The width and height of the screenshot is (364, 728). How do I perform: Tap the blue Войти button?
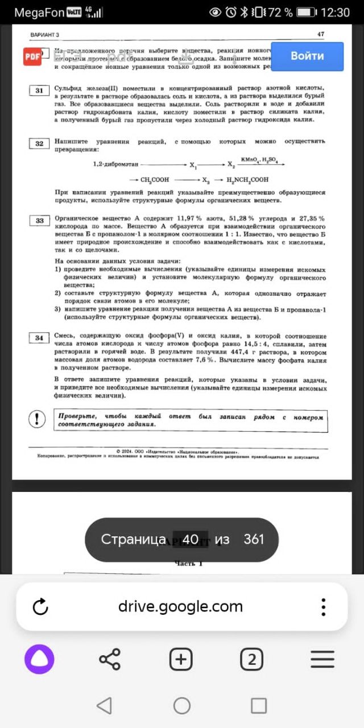pyautogui.click(x=307, y=56)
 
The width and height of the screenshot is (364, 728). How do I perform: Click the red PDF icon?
pyautogui.click(x=32, y=56)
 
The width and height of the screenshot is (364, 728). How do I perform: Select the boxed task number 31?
pyautogui.click(x=39, y=90)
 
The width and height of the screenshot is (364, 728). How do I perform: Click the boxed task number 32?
pyautogui.click(x=39, y=143)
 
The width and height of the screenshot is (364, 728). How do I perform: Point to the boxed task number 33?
pyautogui.click(x=39, y=221)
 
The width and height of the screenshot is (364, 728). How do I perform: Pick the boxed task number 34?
pyautogui.click(x=39, y=338)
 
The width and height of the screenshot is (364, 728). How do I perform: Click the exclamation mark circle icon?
pyautogui.click(x=37, y=420)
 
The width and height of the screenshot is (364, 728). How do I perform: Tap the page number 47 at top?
pyautogui.click(x=321, y=34)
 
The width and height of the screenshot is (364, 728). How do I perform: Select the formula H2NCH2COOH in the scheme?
pyautogui.click(x=247, y=179)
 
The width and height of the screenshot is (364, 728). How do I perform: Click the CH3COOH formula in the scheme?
pyautogui.click(x=155, y=179)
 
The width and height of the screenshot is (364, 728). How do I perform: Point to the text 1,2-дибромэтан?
pyautogui.click(x=116, y=164)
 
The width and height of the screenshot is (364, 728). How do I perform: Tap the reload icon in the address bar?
pyautogui.click(x=40, y=607)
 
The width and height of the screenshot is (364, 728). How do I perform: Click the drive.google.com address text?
pyautogui.click(x=180, y=606)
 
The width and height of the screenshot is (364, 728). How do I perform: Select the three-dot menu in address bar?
pyautogui.click(x=323, y=607)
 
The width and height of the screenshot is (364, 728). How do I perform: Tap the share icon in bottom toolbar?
pyautogui.click(x=110, y=660)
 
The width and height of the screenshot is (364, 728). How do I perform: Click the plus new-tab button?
pyautogui.click(x=181, y=660)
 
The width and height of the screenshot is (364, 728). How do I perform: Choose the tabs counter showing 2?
pyautogui.click(x=251, y=660)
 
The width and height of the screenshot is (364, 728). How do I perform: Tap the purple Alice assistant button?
pyautogui.click(x=39, y=660)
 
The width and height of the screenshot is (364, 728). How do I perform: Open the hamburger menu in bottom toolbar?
pyautogui.click(x=322, y=660)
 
